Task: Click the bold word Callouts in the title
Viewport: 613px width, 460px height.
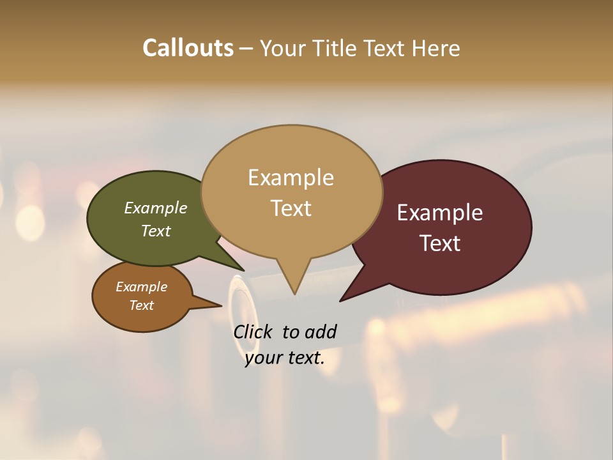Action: pyautogui.click(x=188, y=48)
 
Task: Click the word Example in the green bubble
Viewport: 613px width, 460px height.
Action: pyautogui.click(x=156, y=208)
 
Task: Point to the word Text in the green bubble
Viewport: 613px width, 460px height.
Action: pyautogui.click(x=156, y=231)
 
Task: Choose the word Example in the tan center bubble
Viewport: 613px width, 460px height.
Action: pyautogui.click(x=291, y=178)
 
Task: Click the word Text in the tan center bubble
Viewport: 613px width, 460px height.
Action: pyautogui.click(x=291, y=208)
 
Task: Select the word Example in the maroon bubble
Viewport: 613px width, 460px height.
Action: pyautogui.click(x=440, y=213)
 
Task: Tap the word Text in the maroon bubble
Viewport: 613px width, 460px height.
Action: pyautogui.click(x=440, y=243)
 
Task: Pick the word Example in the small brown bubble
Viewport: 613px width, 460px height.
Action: pyautogui.click(x=141, y=287)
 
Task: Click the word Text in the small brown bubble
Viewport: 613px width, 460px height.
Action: pyautogui.click(x=141, y=305)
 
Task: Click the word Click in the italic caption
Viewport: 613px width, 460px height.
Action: pyautogui.click(x=254, y=332)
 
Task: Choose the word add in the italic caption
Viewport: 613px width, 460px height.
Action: pyautogui.click(x=321, y=332)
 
